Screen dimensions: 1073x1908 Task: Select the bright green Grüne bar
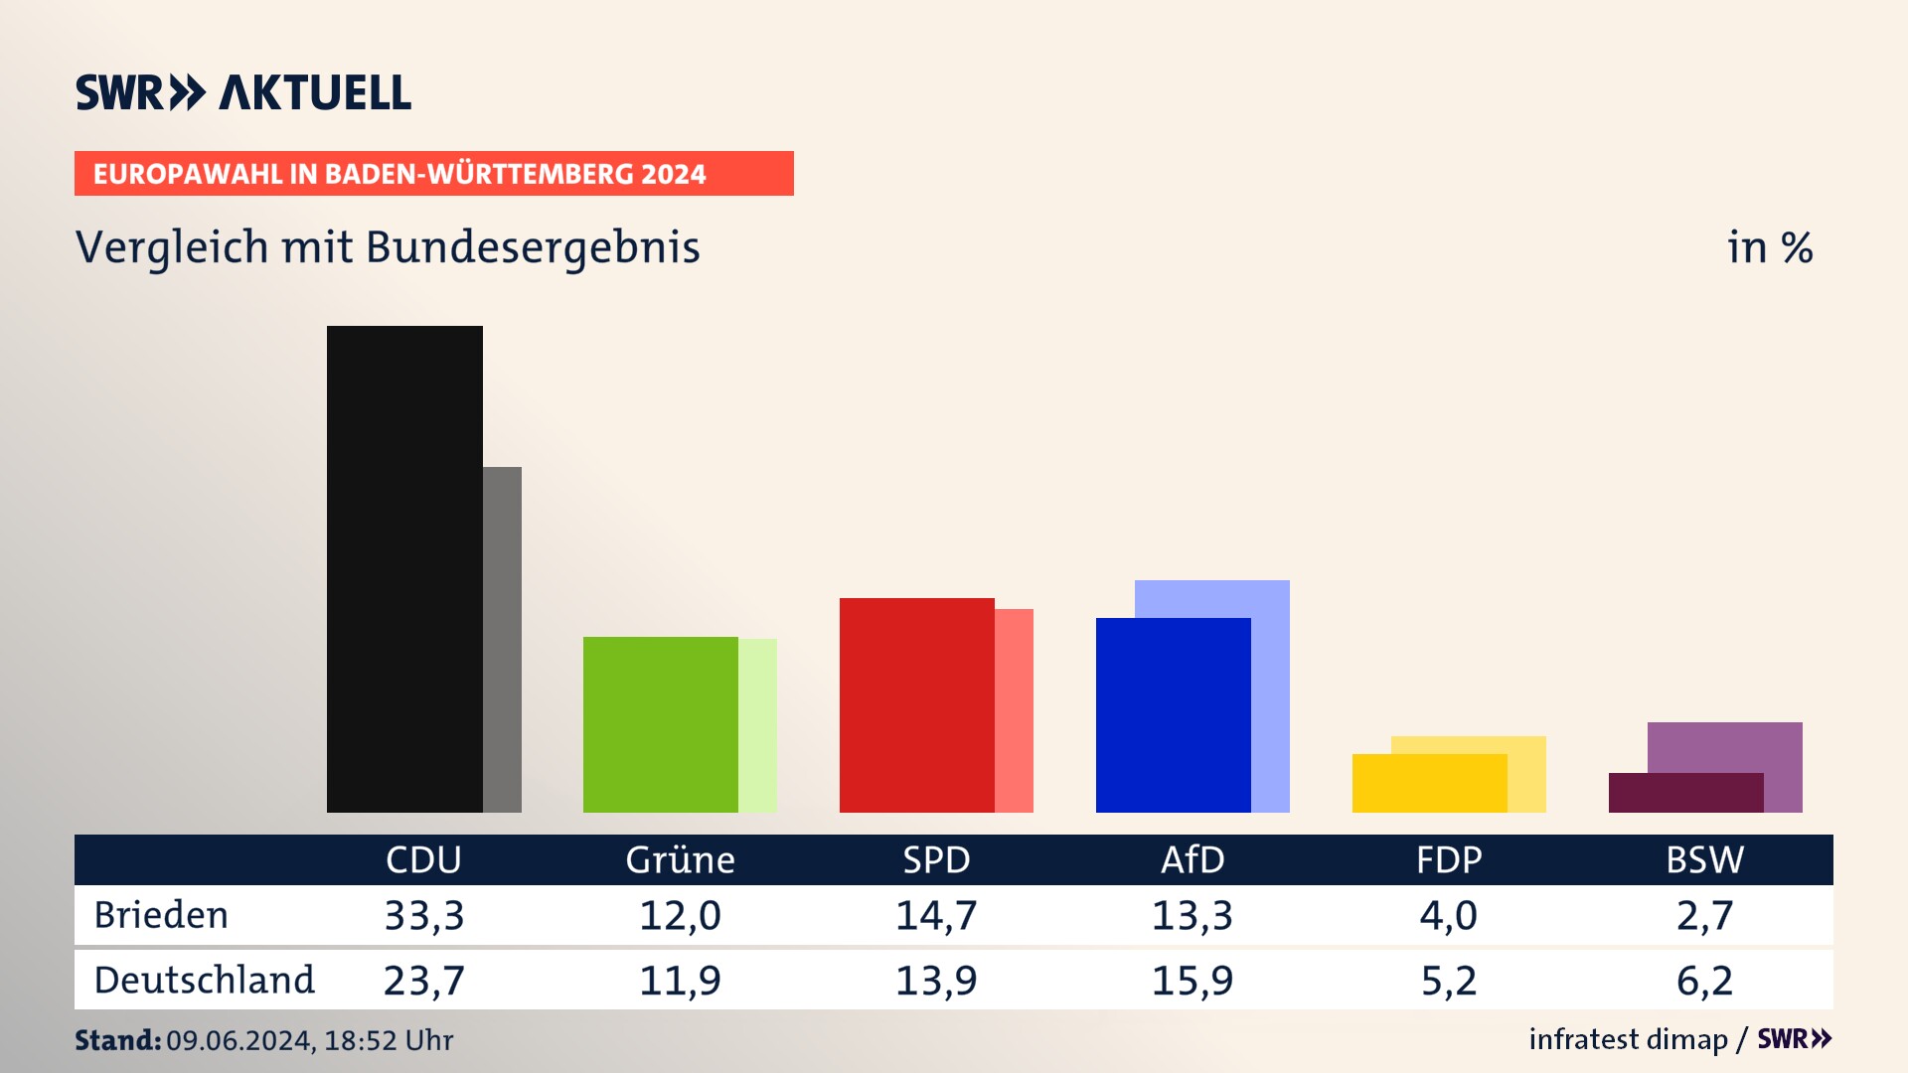[660, 724]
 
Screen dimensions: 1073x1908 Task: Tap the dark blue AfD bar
[1173, 715]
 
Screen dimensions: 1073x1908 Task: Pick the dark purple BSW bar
[1685, 793]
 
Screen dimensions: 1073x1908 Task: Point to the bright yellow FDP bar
[1429, 783]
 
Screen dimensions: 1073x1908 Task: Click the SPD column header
[936, 859]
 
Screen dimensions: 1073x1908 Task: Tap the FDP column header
[1449, 859]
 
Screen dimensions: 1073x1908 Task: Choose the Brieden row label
[161, 915]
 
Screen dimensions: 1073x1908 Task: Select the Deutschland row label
[205, 981]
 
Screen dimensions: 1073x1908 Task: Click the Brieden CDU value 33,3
[424, 915]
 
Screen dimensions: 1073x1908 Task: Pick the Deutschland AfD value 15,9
[1192, 981]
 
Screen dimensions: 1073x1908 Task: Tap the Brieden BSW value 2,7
[1705, 915]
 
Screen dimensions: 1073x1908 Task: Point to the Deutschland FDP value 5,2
[1449, 981]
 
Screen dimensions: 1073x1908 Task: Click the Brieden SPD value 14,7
[936, 915]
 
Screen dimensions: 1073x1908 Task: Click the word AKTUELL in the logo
[315, 93]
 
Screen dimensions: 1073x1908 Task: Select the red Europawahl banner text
[399, 174]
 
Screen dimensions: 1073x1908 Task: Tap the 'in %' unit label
[1770, 248]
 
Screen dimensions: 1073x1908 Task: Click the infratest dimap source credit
[1628, 1039]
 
